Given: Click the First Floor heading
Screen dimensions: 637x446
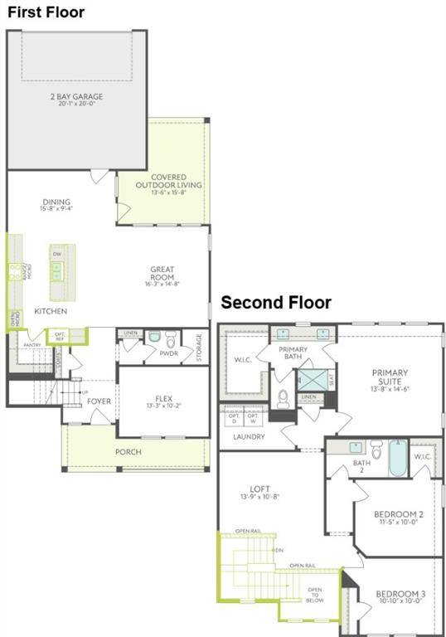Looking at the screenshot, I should (46, 12).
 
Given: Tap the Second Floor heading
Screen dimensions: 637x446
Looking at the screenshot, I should (275, 304).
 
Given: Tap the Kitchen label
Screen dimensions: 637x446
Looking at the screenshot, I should (51, 311).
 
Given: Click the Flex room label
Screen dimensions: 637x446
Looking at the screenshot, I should (162, 401).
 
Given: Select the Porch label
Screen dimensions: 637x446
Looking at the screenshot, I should (128, 452).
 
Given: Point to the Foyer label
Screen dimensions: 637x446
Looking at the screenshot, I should (99, 401).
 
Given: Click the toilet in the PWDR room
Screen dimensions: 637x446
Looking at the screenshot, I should (172, 340).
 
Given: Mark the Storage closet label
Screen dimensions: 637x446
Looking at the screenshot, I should (199, 347).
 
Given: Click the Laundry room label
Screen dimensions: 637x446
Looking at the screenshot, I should (249, 436).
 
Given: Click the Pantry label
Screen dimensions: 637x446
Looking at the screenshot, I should (32, 345).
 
